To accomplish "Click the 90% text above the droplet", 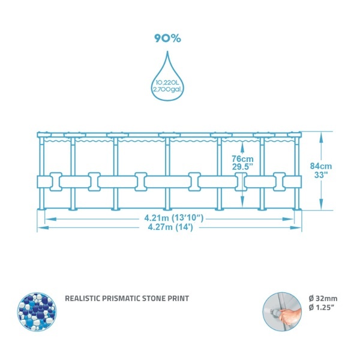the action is pos(167,38).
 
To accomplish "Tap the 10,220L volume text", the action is pos(167,83).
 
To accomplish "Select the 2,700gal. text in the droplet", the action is pos(167,89).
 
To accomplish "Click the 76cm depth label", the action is pos(242,158).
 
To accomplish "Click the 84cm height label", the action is pos(321,166).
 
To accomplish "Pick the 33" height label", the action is pos(320,175).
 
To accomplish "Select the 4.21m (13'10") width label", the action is pos(174,218).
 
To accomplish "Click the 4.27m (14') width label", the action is pos(170,227).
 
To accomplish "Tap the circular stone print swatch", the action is pos(37,311).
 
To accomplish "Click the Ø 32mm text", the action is pos(323,298).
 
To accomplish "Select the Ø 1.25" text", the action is pos(322,308).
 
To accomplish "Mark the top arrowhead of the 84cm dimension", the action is pos(321,137).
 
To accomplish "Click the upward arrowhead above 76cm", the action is pos(242,147).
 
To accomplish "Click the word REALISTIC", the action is pos(82,298).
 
